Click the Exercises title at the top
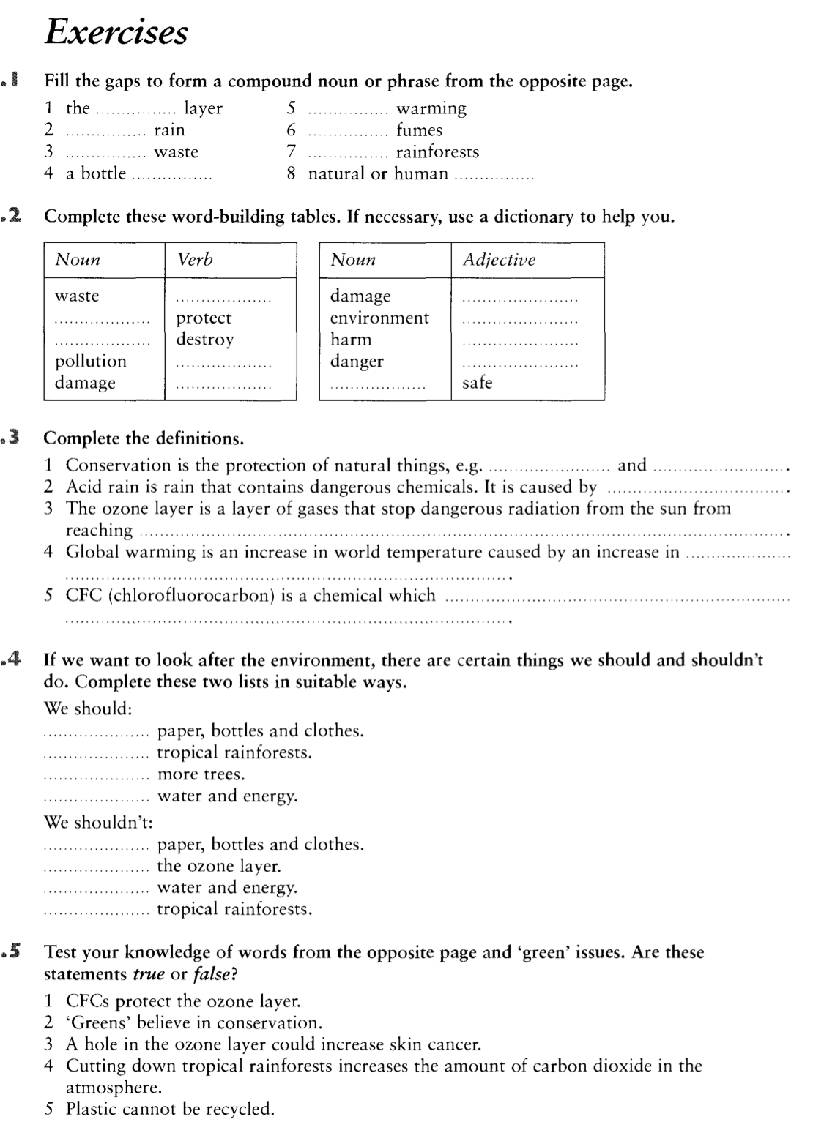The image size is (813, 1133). click(116, 32)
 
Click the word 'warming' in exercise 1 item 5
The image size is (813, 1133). click(431, 109)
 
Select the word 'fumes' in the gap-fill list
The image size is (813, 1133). click(419, 131)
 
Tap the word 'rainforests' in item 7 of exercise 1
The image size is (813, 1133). click(437, 152)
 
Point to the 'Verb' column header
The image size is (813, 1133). click(195, 260)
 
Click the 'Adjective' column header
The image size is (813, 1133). click(499, 260)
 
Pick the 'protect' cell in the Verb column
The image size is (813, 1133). click(204, 318)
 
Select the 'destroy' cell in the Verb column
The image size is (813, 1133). click(205, 340)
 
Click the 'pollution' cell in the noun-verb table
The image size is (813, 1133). click(91, 361)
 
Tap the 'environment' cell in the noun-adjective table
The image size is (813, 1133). click(379, 318)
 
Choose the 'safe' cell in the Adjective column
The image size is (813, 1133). click(477, 383)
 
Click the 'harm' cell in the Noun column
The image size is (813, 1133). click(351, 340)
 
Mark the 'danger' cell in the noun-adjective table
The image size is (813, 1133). click(357, 361)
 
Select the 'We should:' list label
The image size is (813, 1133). click(88, 708)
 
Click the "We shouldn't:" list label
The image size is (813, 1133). click(98, 822)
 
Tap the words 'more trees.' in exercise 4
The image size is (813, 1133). click(201, 774)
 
